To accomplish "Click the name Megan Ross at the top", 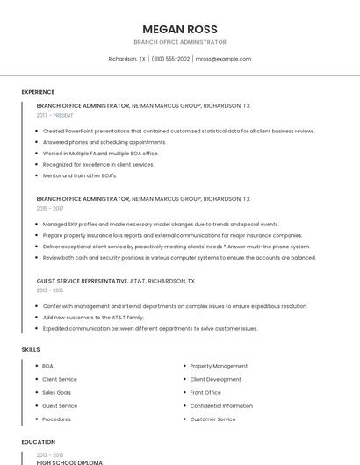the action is [179, 29].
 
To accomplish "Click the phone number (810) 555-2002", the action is [170, 59].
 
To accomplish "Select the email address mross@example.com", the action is [223, 59].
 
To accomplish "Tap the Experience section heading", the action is [38, 92].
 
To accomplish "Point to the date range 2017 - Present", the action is [54, 115].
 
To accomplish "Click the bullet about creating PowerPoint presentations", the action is [178, 131].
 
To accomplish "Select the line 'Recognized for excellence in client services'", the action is [97, 164].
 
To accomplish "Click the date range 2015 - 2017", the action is [50, 209].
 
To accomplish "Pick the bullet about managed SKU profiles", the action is [161, 224].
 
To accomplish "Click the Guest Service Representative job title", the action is [83, 281].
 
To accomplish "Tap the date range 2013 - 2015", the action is [50, 290].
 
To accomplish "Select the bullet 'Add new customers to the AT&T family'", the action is [92, 317].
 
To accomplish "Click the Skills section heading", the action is [31, 349].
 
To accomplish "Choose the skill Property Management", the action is [219, 366].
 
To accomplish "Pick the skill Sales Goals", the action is [57, 392].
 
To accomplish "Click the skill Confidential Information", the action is [221, 406].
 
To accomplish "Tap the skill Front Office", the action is [205, 392].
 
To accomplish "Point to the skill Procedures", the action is [57, 419].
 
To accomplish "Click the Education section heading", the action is [38, 442].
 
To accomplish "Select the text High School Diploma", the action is [69, 461].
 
